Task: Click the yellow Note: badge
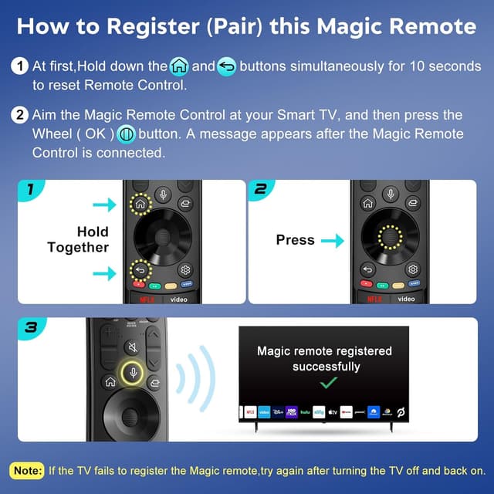pos(27,471)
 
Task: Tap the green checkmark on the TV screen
pos(328,383)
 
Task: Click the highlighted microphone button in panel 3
pos(132,373)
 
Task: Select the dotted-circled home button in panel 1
pos(140,204)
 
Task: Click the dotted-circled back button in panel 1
pos(140,270)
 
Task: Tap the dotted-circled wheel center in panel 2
pos(390,237)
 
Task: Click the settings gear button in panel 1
pos(185,270)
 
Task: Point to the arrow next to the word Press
pos(333,241)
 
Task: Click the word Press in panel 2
pos(295,240)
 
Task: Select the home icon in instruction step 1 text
pos(179,67)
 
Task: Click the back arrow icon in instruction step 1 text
pos(226,67)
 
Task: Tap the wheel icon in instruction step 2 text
pos(127,134)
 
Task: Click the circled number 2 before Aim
pos(20,115)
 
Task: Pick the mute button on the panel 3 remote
pos(133,347)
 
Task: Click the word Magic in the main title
pos(350,26)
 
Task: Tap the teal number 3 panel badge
pos(32,327)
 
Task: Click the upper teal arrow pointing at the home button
pos(105,205)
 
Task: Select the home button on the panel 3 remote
pos(110,382)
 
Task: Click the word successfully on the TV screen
pos(327,367)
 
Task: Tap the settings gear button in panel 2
pos(413,269)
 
